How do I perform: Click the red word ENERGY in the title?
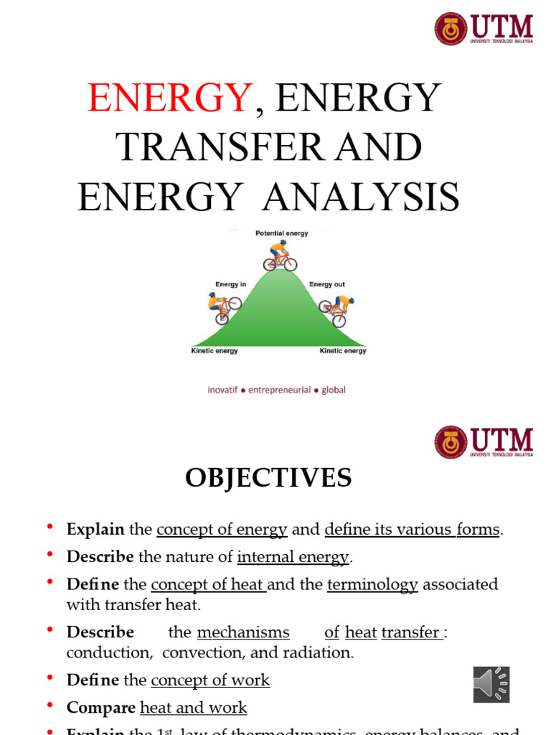coord(170,98)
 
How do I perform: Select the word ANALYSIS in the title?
coord(361,197)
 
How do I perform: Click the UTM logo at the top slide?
coord(484,29)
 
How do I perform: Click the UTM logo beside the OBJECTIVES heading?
coord(484,442)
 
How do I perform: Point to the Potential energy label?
coord(281,234)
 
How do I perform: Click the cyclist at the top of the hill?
coord(280,256)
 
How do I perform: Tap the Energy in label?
coord(231,285)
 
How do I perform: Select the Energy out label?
coord(327,285)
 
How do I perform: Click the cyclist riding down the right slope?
coord(336,308)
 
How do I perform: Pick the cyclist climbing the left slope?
coord(223,307)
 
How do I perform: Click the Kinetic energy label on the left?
coord(215,351)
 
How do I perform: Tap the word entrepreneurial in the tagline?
coord(280,390)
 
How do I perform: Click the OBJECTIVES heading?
coord(268,477)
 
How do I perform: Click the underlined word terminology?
coord(372,584)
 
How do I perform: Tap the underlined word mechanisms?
coord(243,632)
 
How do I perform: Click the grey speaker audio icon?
coord(491,684)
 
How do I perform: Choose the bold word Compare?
coord(101,708)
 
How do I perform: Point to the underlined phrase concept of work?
coord(210,680)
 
